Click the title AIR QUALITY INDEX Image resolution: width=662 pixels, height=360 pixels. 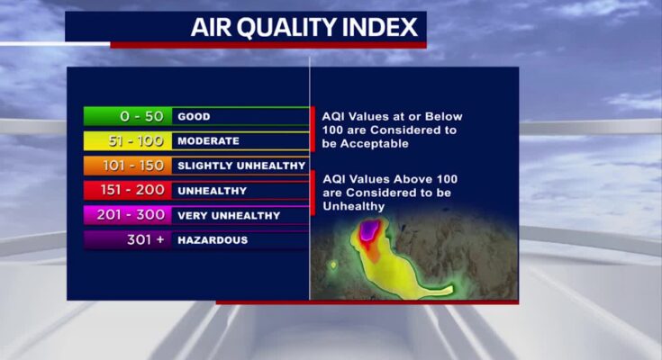point(304,27)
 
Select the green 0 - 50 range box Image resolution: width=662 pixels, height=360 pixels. point(128,116)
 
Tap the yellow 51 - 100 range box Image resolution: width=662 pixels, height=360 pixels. point(128,141)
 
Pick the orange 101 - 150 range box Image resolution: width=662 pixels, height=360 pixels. point(128,166)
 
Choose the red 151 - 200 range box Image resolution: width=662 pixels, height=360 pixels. point(128,190)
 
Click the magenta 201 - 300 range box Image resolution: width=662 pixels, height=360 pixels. point(128,215)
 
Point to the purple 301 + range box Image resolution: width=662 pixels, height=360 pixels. point(128,239)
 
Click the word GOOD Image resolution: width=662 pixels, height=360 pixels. point(194,116)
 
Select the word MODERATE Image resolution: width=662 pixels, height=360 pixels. point(209,141)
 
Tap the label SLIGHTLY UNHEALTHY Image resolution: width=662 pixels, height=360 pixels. point(241,166)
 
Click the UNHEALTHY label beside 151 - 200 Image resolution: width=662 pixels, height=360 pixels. point(213,191)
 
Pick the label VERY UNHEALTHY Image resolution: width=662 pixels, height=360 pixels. point(229,216)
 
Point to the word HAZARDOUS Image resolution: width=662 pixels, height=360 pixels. point(213,240)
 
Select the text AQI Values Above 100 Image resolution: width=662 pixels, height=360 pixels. point(390,179)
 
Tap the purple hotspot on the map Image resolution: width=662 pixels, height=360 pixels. point(370,230)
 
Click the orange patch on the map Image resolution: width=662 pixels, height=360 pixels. point(372,252)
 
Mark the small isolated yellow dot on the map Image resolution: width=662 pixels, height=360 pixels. point(333,265)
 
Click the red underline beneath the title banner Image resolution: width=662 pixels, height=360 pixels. point(268,45)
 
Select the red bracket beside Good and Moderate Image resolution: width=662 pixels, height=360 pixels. point(313,129)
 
